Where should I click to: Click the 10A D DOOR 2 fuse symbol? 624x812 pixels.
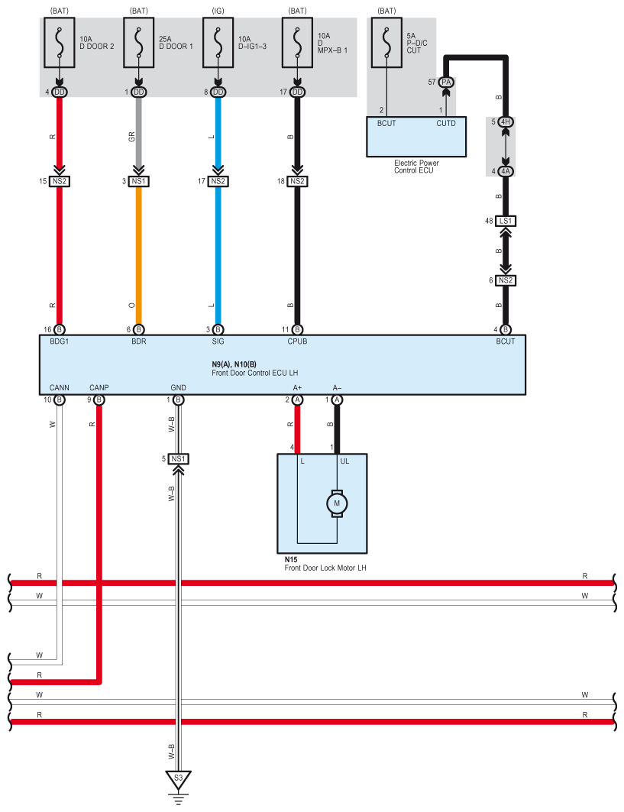(x=60, y=43)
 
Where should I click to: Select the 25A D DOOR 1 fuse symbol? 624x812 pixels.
(x=139, y=43)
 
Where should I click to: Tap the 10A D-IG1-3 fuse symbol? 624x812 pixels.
(x=218, y=43)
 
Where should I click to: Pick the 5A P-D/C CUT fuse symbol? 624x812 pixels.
(x=386, y=43)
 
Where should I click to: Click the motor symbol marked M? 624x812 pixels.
(x=337, y=503)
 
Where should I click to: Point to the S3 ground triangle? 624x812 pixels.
(x=178, y=780)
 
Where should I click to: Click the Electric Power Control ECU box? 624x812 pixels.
(x=416, y=137)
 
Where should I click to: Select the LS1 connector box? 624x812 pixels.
(x=506, y=221)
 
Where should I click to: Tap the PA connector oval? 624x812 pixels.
(x=446, y=82)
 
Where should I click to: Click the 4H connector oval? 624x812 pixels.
(x=506, y=122)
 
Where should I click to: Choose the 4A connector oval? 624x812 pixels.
(x=506, y=171)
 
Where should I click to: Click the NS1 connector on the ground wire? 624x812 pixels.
(x=178, y=459)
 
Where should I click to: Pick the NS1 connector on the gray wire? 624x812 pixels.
(x=139, y=181)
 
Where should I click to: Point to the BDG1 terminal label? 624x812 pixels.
(x=60, y=341)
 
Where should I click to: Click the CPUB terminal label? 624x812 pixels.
(x=297, y=341)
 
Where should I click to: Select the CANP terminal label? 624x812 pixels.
(x=99, y=388)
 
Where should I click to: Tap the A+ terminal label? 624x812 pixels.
(x=297, y=388)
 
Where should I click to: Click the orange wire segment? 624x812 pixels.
(x=139, y=256)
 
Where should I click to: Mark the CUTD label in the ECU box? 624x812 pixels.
(x=446, y=123)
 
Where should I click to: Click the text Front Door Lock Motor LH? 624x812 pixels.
(x=325, y=568)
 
